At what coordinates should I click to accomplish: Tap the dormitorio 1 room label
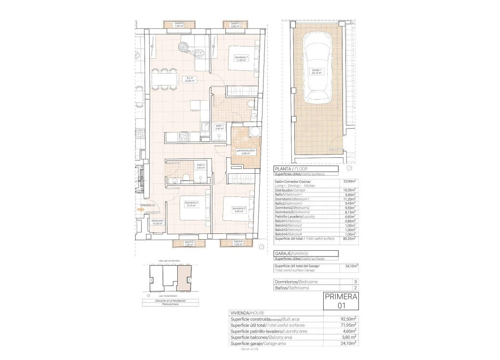(x=241, y=59)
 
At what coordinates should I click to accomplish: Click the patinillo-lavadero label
(x=245, y=152)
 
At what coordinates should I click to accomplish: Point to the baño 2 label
(x=200, y=167)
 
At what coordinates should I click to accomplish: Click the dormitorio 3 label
(x=191, y=204)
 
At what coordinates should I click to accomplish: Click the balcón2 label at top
(x=179, y=24)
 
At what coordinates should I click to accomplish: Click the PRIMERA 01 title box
(x=341, y=300)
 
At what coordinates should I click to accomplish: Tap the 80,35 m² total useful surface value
(x=349, y=239)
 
